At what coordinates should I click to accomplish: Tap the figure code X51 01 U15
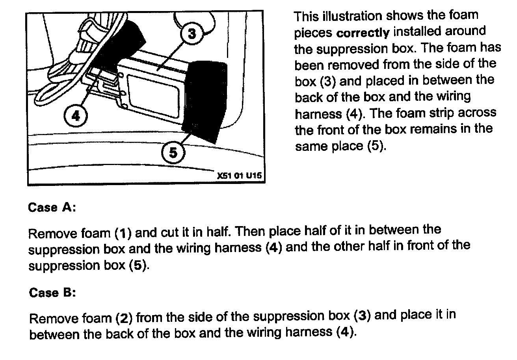[x=239, y=176]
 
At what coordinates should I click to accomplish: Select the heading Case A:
[x=52, y=208]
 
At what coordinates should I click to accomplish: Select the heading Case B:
[x=52, y=293]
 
